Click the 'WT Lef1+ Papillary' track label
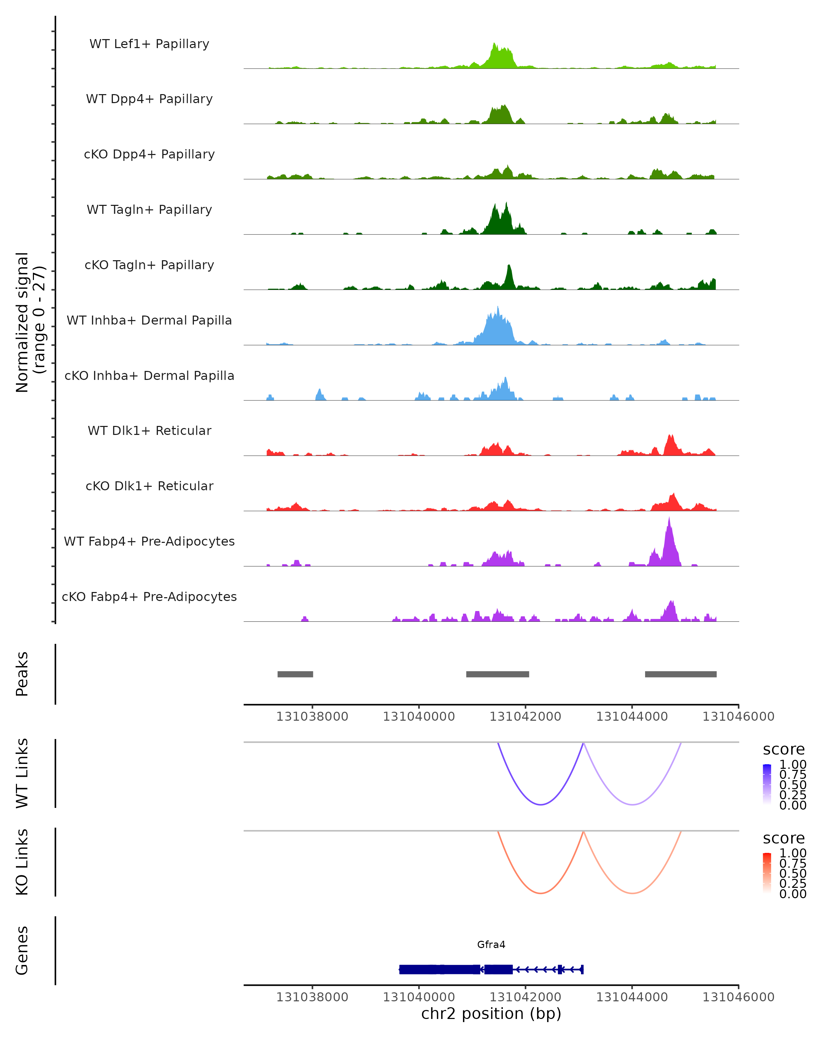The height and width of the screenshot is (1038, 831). coord(149,44)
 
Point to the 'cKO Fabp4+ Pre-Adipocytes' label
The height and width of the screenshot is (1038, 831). coord(149,597)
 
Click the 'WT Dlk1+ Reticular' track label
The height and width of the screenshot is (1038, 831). coord(149,430)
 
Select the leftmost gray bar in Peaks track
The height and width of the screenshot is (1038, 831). coord(295,674)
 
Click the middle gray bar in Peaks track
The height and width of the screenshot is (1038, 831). coord(498,674)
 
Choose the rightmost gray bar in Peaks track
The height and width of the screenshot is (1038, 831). coord(681,674)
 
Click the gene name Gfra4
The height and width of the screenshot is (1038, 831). coord(491,945)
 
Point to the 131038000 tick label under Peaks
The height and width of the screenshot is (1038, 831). coord(312,717)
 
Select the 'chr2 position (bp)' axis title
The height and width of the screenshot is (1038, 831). coord(491,1014)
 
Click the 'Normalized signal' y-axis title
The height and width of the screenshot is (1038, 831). coord(22,322)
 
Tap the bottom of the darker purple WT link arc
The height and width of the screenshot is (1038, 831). coord(541,804)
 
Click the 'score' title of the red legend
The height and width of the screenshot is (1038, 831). coord(784,838)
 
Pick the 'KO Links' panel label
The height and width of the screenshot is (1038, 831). coord(22,862)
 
